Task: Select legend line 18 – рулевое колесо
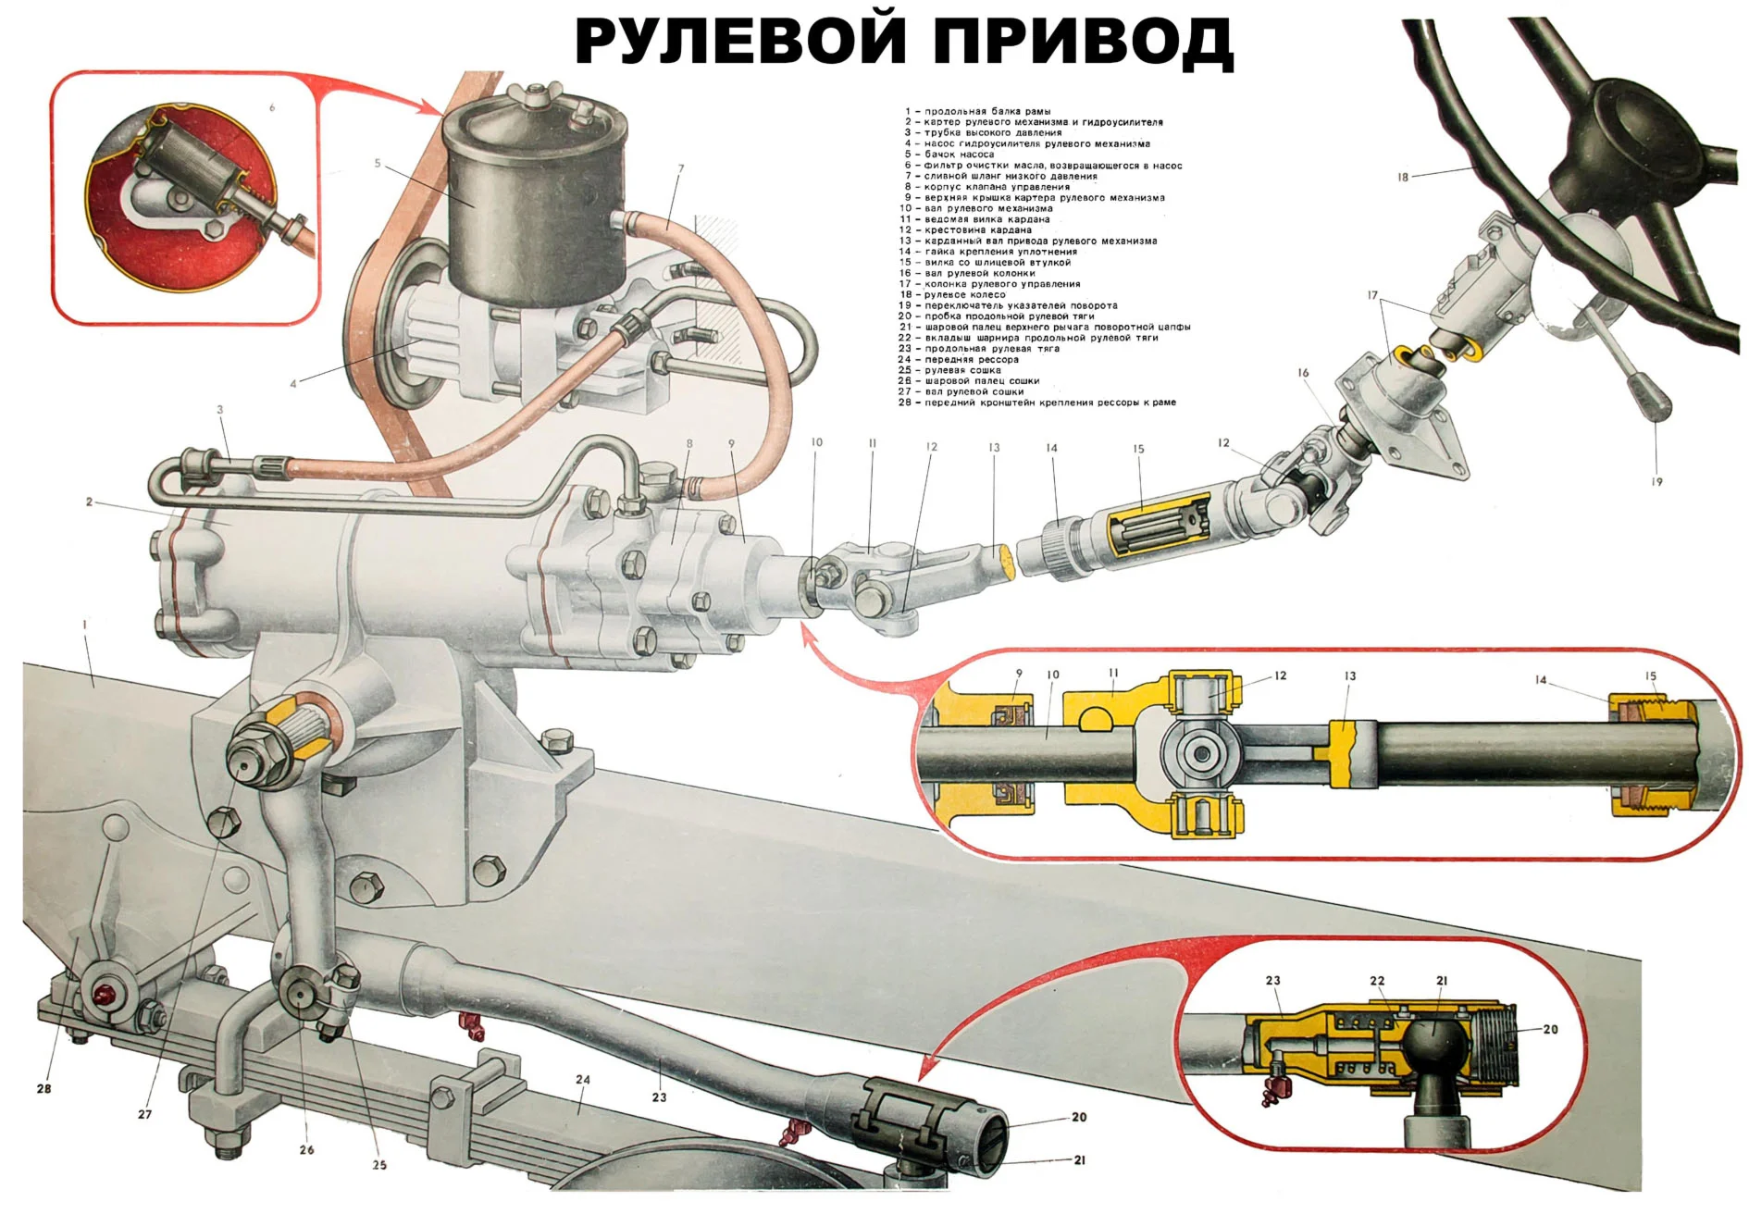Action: click(x=959, y=295)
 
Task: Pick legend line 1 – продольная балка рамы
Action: click(x=981, y=111)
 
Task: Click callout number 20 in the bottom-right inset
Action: click(x=1551, y=1029)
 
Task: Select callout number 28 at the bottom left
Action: click(x=43, y=1089)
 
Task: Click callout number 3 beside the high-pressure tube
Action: click(x=220, y=410)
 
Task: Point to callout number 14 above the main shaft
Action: click(x=1051, y=448)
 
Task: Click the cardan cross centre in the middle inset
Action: click(x=1201, y=754)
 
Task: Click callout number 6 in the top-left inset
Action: click(x=272, y=108)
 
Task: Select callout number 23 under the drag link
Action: click(x=659, y=1097)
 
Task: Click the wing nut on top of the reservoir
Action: click(x=537, y=95)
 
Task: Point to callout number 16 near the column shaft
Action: click(x=1303, y=373)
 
